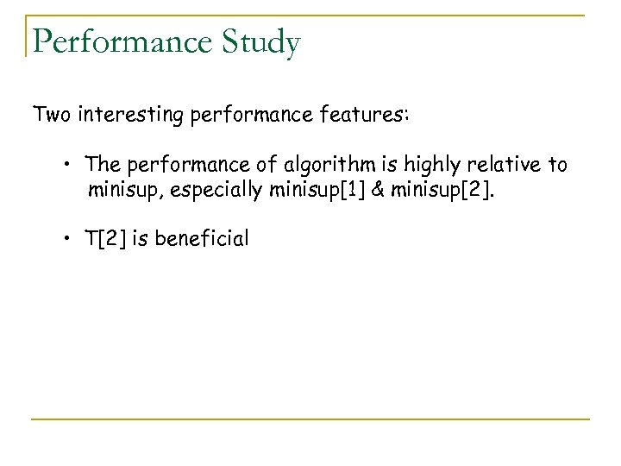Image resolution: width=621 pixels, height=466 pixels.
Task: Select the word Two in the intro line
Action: pyautogui.click(x=53, y=115)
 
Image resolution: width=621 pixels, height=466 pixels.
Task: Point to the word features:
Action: pyautogui.click(x=365, y=115)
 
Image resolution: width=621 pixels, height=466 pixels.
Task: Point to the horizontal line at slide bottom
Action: pyautogui.click(x=310, y=419)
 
